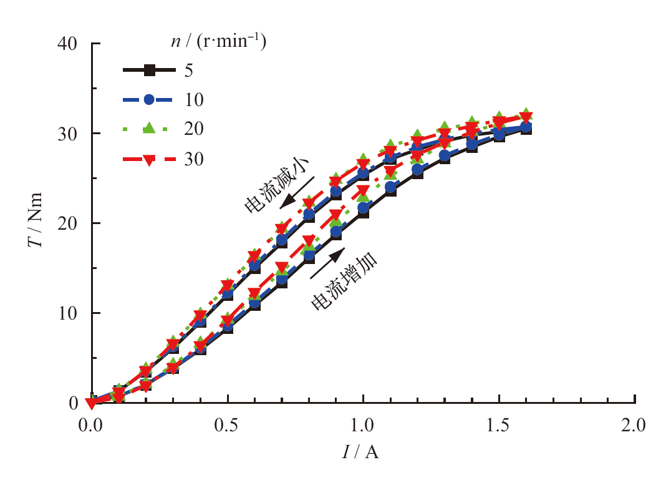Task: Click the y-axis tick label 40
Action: [67, 44]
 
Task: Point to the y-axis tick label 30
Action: [67, 134]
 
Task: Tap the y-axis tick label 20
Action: [67, 223]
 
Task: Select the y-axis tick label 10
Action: [67, 313]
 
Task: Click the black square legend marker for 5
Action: [149, 71]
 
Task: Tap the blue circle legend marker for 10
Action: [149, 99]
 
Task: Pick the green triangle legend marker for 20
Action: [149, 129]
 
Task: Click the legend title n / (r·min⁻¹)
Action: [218, 43]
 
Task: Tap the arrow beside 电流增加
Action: [327, 262]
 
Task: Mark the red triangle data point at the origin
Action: [92, 403]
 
